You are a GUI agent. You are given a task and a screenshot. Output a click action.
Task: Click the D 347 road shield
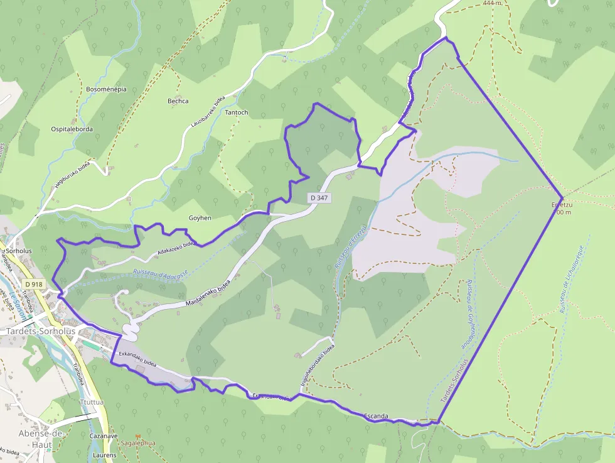pyautogui.click(x=319, y=198)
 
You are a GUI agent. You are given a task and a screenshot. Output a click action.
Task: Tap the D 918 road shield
pyautogui.click(x=33, y=285)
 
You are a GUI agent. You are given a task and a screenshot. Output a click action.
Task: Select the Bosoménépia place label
pyautogui.click(x=106, y=89)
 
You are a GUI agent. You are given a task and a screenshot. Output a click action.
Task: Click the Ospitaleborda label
pyautogui.click(x=72, y=129)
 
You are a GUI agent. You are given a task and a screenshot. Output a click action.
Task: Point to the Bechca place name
pyautogui.click(x=178, y=101)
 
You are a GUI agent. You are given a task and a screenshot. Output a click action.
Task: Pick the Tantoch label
pyautogui.click(x=237, y=113)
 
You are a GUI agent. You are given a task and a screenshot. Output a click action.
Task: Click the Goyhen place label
pyautogui.click(x=200, y=218)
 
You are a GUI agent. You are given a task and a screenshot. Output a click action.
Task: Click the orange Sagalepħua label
pyautogui.click(x=137, y=444)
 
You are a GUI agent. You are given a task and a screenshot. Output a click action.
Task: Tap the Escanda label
pyautogui.click(x=377, y=417)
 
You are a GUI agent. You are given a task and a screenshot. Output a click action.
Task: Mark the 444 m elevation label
pyautogui.click(x=493, y=3)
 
